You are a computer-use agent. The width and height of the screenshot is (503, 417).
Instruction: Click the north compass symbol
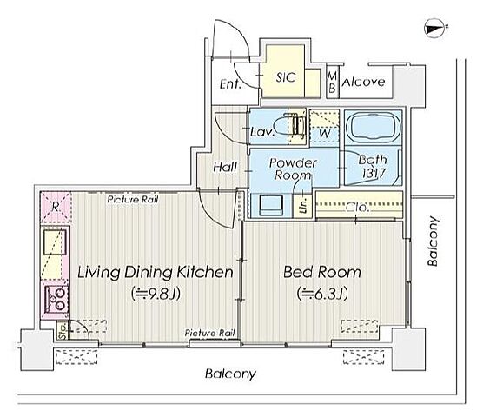(x=435, y=30)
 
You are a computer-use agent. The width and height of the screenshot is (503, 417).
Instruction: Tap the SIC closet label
(x=286, y=77)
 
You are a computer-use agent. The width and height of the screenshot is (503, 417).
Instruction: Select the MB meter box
(x=333, y=82)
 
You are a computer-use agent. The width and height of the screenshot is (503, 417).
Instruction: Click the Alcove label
(x=363, y=83)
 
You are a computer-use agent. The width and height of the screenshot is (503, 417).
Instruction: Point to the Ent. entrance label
(x=230, y=84)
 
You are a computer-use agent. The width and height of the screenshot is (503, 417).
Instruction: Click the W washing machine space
(x=324, y=128)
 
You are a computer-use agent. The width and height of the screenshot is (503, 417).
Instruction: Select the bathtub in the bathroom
(x=373, y=126)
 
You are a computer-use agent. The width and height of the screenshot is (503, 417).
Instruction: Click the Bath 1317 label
(x=373, y=166)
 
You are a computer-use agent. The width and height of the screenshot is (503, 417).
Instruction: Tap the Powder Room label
(x=293, y=169)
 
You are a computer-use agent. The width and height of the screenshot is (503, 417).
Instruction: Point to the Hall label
(x=225, y=167)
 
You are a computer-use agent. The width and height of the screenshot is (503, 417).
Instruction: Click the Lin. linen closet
(x=303, y=205)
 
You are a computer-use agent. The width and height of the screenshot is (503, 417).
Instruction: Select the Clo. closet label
(x=357, y=208)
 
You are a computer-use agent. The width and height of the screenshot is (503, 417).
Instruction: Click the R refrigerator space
(x=56, y=208)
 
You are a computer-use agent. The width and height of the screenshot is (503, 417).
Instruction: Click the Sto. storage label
(x=63, y=330)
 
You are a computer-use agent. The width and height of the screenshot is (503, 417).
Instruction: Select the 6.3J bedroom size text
(x=322, y=294)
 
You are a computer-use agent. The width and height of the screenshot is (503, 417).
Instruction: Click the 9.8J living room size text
(x=156, y=294)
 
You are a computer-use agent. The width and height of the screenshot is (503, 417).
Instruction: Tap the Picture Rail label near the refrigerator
(x=133, y=200)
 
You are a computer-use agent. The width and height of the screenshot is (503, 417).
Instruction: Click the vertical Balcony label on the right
(x=433, y=242)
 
